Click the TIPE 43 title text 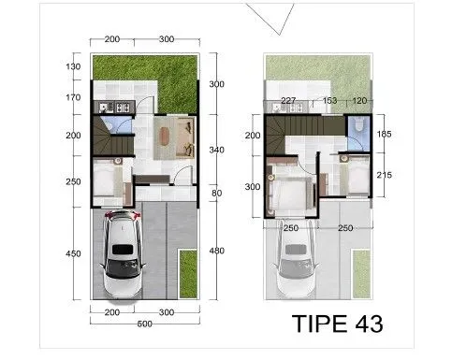(337, 324)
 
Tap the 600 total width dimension (144, 324)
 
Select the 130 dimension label (73, 66)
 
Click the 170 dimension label (73, 97)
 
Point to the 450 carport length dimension (73, 253)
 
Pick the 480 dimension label (216, 251)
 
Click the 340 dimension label (216, 150)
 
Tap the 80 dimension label (216, 193)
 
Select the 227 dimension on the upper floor (288, 101)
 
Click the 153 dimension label (329, 100)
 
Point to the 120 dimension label (359, 101)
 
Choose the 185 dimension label (384, 134)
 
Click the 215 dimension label (384, 175)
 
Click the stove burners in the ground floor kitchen (122, 108)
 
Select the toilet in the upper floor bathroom (358, 123)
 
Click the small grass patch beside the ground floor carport (188, 274)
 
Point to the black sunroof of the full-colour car (123, 250)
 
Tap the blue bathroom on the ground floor (117, 124)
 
